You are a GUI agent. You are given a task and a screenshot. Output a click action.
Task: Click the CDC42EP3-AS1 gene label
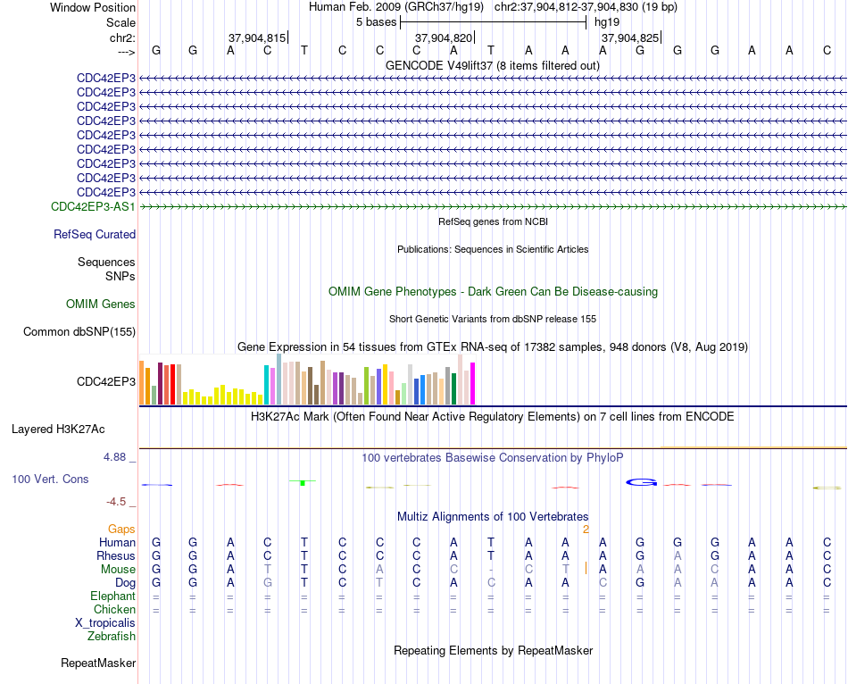[93, 206]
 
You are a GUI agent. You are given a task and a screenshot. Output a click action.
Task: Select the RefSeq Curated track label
[95, 234]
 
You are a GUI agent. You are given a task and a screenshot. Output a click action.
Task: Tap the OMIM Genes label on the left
[101, 304]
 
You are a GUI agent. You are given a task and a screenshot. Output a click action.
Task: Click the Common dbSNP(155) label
[79, 331]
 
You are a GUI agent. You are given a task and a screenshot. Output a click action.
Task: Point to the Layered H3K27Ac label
[58, 430]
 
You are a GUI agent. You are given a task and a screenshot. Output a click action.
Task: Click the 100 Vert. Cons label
[50, 479]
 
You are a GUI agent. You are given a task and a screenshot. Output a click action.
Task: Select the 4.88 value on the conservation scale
[114, 457]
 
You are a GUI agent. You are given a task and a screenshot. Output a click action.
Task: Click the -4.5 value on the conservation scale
[116, 502]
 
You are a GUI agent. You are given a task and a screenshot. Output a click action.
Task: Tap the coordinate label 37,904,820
[444, 38]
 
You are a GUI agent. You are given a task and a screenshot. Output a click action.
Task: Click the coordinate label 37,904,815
[257, 38]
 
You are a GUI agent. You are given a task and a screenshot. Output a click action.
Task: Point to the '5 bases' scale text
[377, 22]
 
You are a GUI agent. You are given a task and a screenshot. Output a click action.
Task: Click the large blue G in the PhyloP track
[642, 482]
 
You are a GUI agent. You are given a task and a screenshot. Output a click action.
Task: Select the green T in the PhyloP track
[303, 482]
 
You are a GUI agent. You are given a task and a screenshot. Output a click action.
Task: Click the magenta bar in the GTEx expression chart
[473, 384]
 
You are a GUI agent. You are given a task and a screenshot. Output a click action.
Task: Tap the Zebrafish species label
[112, 637]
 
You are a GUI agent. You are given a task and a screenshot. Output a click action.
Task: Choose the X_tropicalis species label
[105, 623]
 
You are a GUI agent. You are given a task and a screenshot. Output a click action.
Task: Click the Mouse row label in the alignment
[118, 570]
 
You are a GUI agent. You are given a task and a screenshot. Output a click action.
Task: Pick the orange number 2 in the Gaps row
[586, 530]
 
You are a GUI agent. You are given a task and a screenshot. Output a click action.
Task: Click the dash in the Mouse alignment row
[491, 570]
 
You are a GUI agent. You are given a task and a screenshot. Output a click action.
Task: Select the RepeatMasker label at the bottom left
[98, 663]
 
